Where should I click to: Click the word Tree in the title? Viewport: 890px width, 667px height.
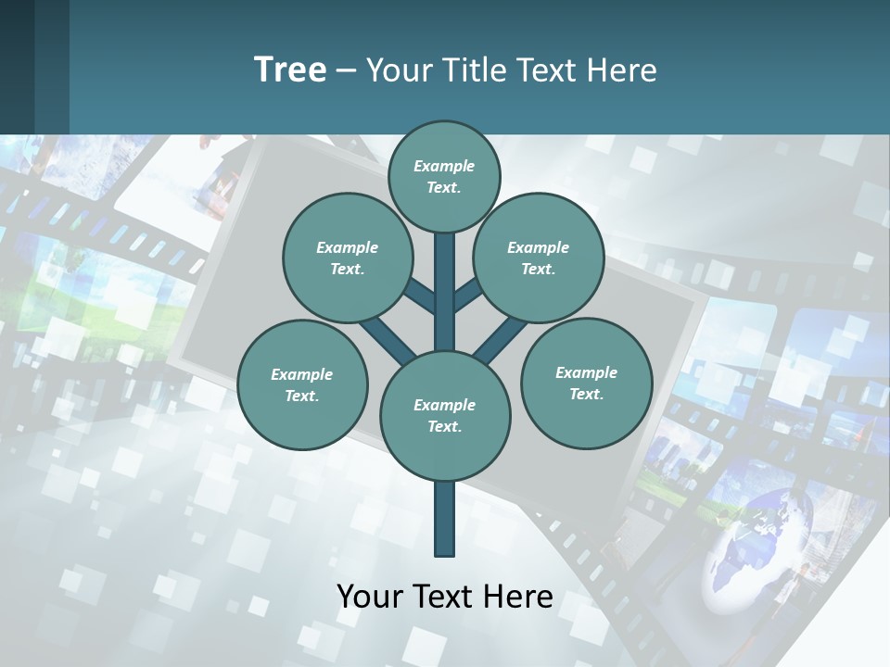click(290, 69)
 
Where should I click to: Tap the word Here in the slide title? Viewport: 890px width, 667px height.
click(622, 69)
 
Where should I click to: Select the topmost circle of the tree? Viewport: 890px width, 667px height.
click(444, 176)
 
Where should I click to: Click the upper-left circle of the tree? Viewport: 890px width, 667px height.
click(347, 258)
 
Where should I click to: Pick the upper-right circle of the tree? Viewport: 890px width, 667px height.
click(539, 258)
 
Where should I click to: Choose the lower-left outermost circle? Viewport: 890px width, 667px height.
click(301, 384)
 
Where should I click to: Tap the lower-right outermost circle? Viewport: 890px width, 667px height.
click(586, 383)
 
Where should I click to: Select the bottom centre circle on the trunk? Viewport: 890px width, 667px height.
click(444, 416)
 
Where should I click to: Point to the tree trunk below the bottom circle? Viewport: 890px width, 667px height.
click(444, 519)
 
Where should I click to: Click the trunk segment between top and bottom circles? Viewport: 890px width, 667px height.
click(444, 292)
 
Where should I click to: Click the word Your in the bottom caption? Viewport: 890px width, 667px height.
click(369, 597)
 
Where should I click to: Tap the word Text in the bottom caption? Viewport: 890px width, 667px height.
click(442, 597)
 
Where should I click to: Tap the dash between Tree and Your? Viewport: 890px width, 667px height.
click(346, 71)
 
